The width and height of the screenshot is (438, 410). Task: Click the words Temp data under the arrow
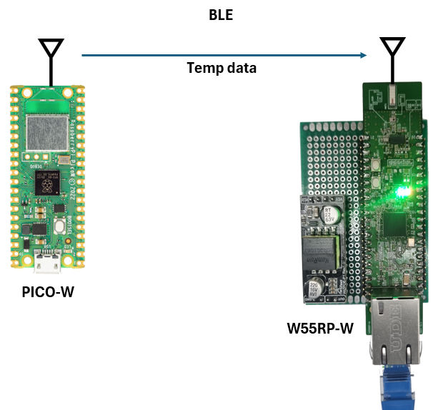coord(222,69)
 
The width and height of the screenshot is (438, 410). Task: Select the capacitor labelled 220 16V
coord(313,290)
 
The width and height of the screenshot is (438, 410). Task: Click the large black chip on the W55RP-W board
coord(397,229)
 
